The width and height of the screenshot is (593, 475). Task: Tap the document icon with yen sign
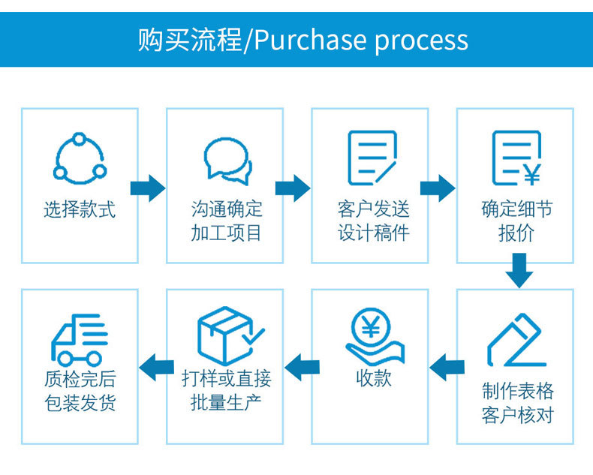pos(516,158)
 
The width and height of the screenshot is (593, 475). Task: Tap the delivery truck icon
pos(80,338)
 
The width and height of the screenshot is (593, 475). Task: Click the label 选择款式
pos(80,209)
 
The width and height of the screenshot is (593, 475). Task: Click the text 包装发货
pos(80,402)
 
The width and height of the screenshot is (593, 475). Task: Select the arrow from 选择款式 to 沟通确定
pos(148,188)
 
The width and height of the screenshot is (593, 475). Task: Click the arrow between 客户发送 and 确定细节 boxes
pos(438,188)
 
